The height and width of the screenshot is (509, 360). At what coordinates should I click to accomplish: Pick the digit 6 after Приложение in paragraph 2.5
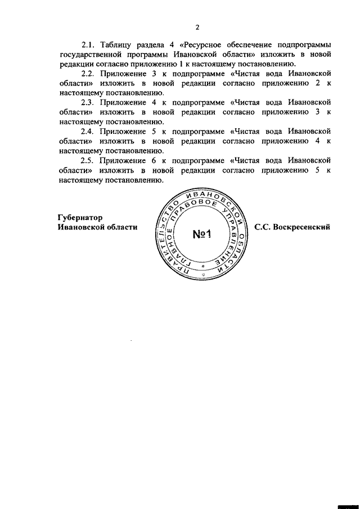pos(154,161)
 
